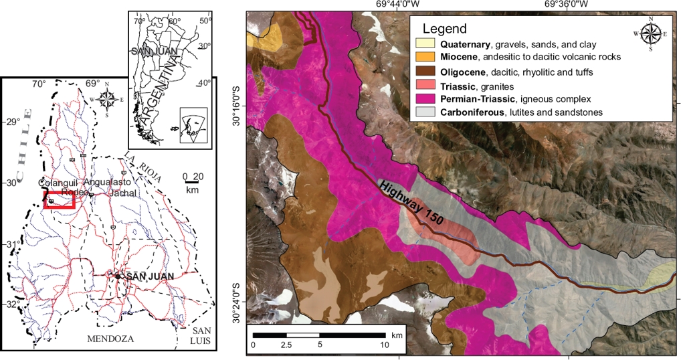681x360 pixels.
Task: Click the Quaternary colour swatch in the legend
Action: tap(423, 44)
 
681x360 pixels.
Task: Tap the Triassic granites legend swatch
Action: tap(423, 86)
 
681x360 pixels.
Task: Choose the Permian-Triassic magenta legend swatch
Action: tap(423, 99)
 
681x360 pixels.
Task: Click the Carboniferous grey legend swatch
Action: tap(423, 112)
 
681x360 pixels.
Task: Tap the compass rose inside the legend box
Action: tap(648, 32)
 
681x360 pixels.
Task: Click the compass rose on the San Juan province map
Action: tap(107, 99)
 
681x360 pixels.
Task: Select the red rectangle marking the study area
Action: tap(58, 201)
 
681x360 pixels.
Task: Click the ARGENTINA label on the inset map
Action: tap(160, 94)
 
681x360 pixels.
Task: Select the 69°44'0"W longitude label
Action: tap(398, 5)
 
